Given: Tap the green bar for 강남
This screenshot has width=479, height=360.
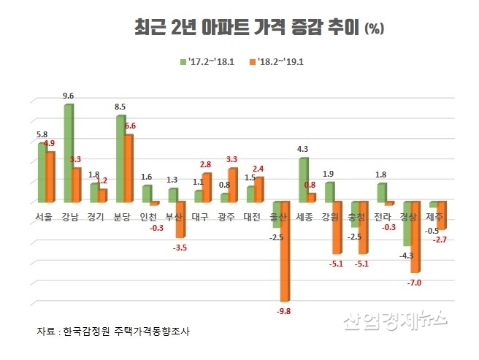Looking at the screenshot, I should pos(68,153).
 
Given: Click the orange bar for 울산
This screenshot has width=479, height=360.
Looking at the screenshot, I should pos(285,251).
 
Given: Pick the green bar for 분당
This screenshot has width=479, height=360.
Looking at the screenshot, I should pos(120,158).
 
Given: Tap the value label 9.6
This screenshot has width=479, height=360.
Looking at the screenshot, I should pos(68,95).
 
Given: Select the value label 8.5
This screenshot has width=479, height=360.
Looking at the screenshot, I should pos(120,107).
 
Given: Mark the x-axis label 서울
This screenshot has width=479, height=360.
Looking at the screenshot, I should pos(43,216).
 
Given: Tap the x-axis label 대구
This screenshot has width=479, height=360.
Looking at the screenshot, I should pos(199,216).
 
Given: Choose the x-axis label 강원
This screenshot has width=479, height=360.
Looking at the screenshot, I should pos(331,216).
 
